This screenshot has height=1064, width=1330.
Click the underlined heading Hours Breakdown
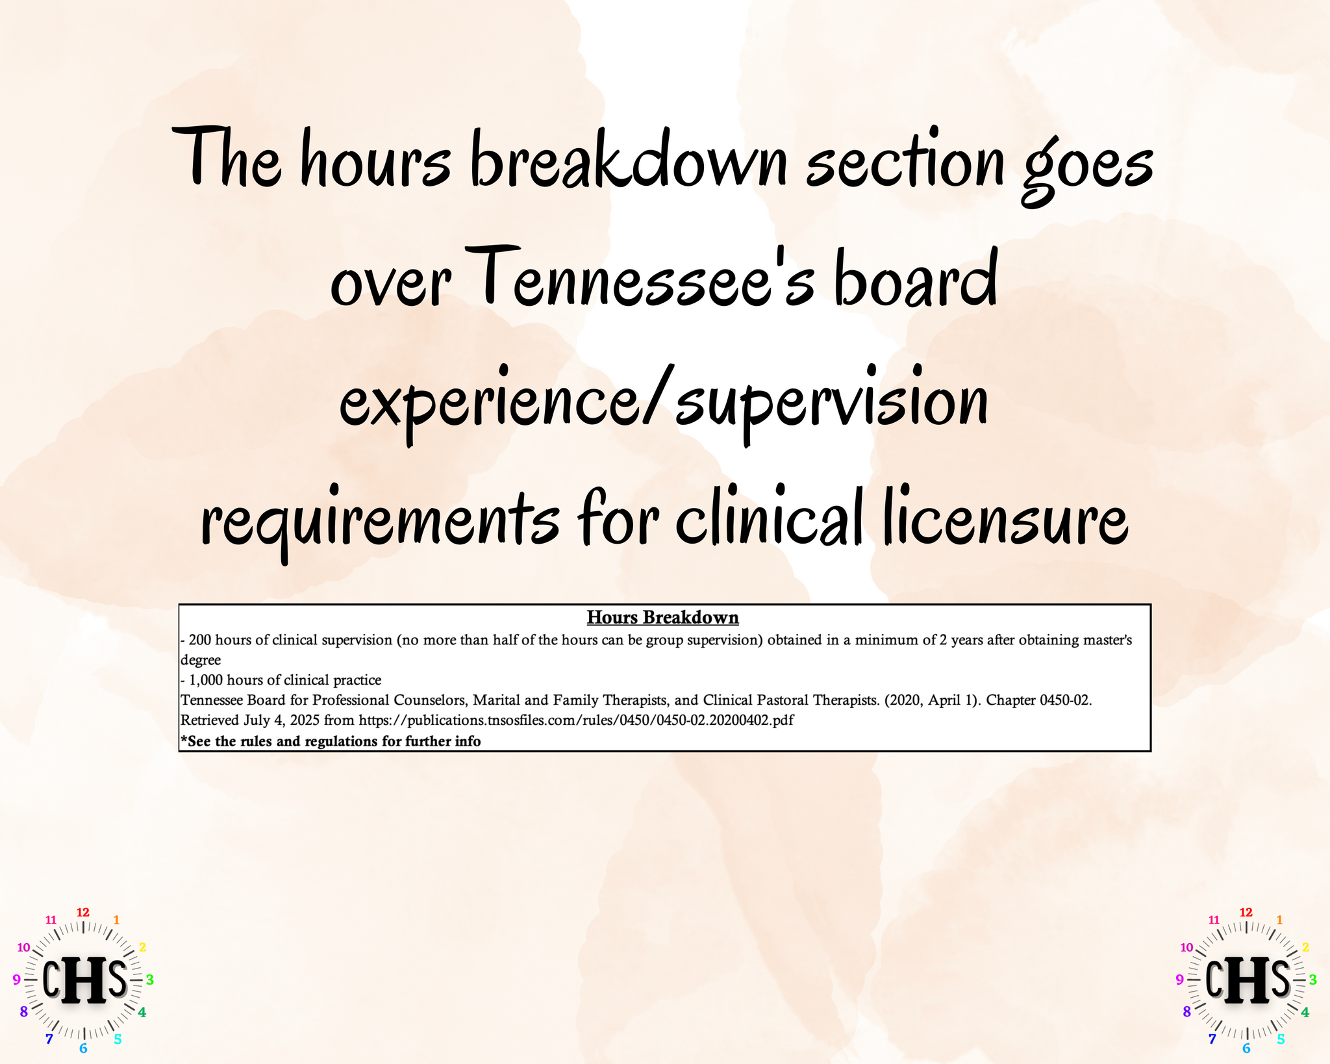[x=662, y=617]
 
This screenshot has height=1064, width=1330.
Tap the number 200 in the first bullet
[x=199, y=640]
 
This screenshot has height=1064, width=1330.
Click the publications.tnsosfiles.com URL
[x=576, y=720]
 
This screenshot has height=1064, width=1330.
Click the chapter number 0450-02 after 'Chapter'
[x=1064, y=700]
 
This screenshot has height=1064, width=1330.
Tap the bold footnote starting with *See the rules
[x=331, y=741]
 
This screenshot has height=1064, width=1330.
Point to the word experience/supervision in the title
[x=664, y=403]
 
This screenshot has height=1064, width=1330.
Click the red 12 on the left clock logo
[x=83, y=913]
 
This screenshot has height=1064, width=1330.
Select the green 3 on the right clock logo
[x=1312, y=980]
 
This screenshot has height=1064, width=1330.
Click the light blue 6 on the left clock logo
[x=83, y=1048]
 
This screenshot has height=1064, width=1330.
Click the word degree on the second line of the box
[x=201, y=661]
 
